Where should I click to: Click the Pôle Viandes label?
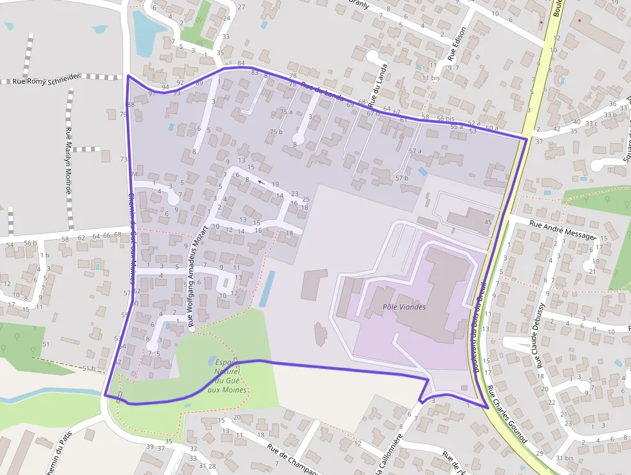[404, 307]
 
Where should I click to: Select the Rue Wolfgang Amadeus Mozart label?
[197, 276]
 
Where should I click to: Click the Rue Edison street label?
[457, 48]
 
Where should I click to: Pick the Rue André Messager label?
[562, 230]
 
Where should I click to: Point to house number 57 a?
[415, 151]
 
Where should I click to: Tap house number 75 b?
[276, 132]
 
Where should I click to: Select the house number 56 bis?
[445, 119]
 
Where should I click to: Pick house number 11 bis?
[429, 78]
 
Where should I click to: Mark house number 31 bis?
[565, 458]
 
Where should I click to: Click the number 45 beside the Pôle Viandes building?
[488, 222]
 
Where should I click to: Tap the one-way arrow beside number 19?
[261, 182]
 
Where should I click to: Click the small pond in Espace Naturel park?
[212, 361]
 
